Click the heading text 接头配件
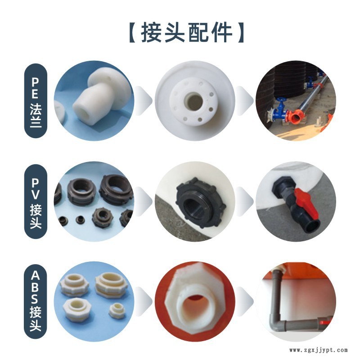pyautogui.click(x=186, y=32)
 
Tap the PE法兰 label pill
pyautogui.click(x=36, y=101)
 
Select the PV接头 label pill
pyautogui.click(x=36, y=201)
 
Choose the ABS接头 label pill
pyautogui.click(x=36, y=301)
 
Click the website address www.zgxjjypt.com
pyautogui.click(x=318, y=350)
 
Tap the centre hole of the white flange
pyautogui.click(x=194, y=101)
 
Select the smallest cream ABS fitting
pyautogui.click(x=117, y=310)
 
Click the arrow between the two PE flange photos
pyautogui.click(x=144, y=101)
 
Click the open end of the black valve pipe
pyautogui.click(x=313, y=226)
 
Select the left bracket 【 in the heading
pyautogui.click(x=132, y=32)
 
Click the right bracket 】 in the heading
pyautogui.click(x=240, y=32)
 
